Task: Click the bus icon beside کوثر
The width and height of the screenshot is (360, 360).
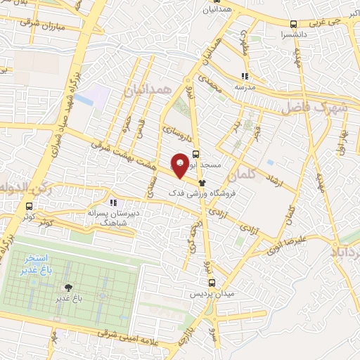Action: (x=29, y=207)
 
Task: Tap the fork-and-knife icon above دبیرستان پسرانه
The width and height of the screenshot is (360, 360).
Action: (x=112, y=204)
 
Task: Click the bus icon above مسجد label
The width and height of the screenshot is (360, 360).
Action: (x=195, y=153)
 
